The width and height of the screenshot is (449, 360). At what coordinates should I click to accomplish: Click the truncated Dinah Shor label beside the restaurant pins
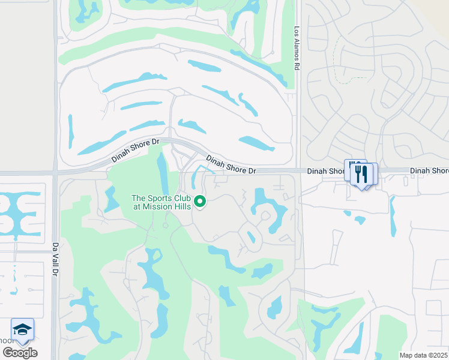[325, 171]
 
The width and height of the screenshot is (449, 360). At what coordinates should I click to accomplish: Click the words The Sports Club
[160, 199]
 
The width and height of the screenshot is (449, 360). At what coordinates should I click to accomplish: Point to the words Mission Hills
[170, 206]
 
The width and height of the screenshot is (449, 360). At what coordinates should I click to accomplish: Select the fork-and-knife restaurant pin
[361, 174]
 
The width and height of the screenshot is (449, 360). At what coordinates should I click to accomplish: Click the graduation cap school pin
[22, 329]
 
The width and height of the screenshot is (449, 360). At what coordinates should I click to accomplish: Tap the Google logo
[20, 353]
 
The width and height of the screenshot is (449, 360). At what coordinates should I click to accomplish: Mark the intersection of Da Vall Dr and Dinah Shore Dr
[55, 172]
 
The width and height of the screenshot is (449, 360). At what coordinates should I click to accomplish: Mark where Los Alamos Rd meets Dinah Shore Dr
[298, 171]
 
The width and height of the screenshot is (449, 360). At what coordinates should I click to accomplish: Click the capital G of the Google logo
[8, 353]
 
